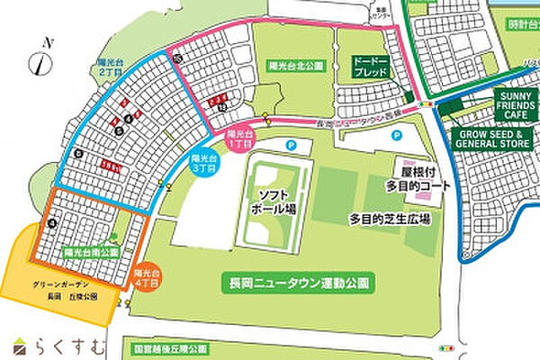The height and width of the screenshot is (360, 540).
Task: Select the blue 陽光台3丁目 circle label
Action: click(x=203, y=163)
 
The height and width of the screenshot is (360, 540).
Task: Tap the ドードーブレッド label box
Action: click(x=371, y=66)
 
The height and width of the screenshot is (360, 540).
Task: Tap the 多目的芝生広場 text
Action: click(x=390, y=219)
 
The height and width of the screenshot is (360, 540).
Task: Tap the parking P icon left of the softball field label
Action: click(x=289, y=144)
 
